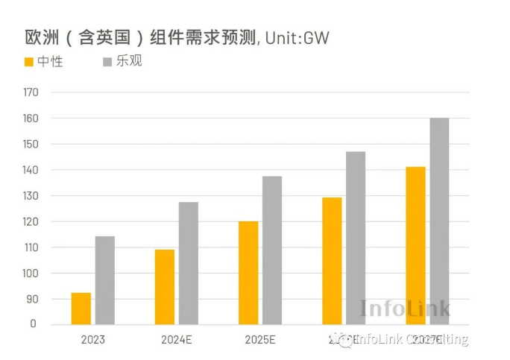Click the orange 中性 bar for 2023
click(81, 309)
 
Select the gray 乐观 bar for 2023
click(105, 280)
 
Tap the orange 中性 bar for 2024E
click(165, 287)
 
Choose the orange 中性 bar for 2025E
click(248, 273)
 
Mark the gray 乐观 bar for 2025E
click(272, 250)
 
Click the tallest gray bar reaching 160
click(439, 221)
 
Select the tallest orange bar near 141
click(415, 246)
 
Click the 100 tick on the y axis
click(30, 274)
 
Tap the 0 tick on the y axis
click(33, 324)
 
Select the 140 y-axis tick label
click(30, 170)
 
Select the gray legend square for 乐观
click(107, 60)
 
